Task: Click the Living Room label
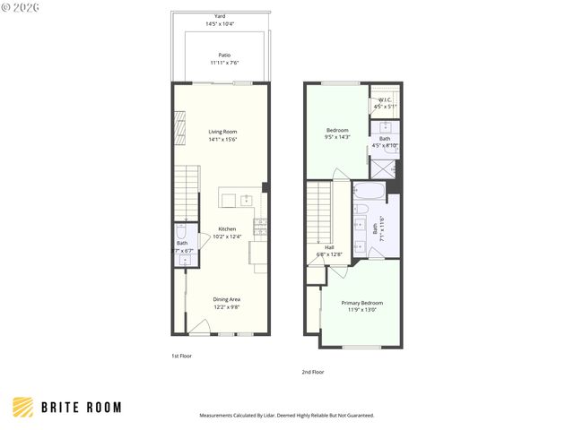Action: click(222, 132)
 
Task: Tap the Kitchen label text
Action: click(227, 228)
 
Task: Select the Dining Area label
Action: click(226, 299)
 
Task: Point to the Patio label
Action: click(224, 55)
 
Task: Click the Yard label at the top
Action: click(220, 16)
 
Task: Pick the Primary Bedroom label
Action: click(361, 303)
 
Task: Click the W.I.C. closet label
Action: click(385, 100)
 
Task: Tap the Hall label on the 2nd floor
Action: click(329, 247)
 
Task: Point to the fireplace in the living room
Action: click(179, 122)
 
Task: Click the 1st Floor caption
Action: click(181, 356)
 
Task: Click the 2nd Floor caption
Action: click(312, 371)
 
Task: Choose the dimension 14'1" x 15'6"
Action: click(222, 139)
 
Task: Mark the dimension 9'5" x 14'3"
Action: click(337, 137)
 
